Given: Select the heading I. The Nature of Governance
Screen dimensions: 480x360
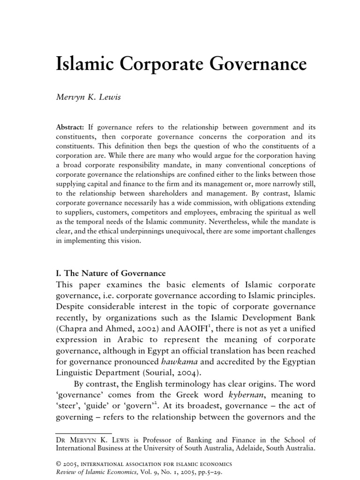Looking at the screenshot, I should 111,273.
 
